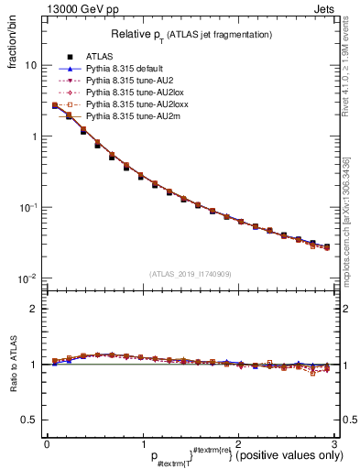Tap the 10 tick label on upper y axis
30,66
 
